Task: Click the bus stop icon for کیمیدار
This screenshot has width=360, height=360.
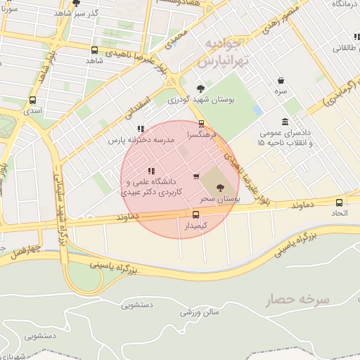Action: [195, 214]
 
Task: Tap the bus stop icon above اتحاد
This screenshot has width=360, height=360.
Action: [340, 202]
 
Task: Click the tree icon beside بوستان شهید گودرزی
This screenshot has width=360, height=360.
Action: [201, 89]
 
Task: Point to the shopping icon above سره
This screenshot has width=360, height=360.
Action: [281, 80]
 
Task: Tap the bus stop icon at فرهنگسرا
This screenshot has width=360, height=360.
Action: [202, 123]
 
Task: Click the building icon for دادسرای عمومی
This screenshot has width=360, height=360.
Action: [285, 122]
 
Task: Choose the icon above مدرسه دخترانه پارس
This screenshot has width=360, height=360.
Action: [141, 129]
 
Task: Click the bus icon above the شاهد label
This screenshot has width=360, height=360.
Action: [95, 50]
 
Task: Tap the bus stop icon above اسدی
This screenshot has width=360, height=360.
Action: [32, 100]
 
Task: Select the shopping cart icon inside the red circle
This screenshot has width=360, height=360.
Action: [196, 176]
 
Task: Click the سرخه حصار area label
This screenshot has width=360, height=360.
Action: [297, 300]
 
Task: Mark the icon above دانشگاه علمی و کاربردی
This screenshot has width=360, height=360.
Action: [151, 171]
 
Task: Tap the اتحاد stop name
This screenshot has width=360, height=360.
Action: [340, 213]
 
